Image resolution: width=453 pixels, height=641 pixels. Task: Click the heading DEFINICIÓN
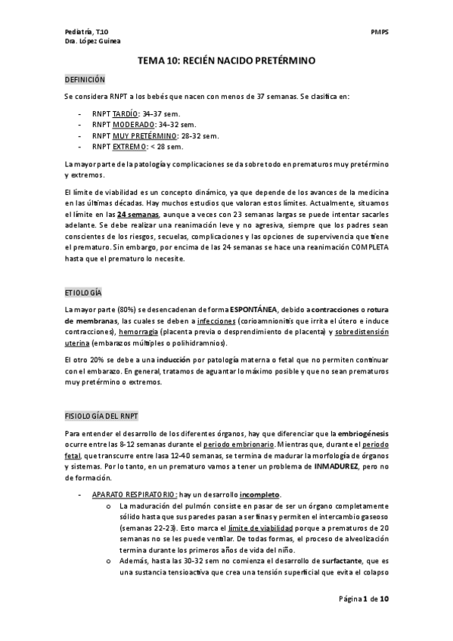(85, 79)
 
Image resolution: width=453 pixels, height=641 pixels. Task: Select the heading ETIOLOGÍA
(83, 292)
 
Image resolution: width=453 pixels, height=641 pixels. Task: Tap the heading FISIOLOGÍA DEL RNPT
(101, 416)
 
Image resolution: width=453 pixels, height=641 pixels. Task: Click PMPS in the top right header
(379, 32)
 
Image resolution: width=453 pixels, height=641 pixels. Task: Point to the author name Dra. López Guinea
(92, 42)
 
